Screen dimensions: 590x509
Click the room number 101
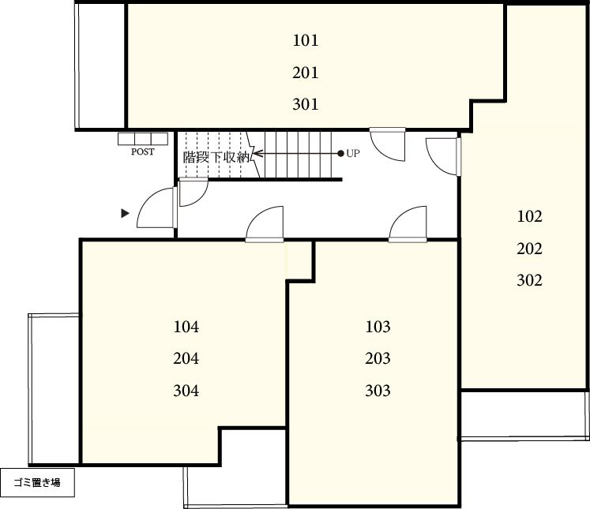[x=305, y=40]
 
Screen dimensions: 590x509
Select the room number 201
[x=305, y=72]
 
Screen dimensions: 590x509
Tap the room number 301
[x=305, y=104]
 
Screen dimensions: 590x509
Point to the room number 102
[x=529, y=216]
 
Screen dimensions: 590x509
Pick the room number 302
[x=529, y=280]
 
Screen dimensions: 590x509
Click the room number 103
[x=378, y=327]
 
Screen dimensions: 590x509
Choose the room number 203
[x=378, y=358]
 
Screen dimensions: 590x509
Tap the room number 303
[x=378, y=391]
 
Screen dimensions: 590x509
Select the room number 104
[x=186, y=327]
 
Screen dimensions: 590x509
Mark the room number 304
[x=186, y=391]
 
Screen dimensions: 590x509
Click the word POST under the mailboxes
[x=143, y=152]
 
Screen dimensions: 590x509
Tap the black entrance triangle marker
[x=125, y=214]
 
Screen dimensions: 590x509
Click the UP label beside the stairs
[x=353, y=153]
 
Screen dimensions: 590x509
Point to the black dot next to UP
[x=340, y=153]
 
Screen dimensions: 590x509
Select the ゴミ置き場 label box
[x=37, y=482]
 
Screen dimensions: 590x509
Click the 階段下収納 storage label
[x=216, y=157]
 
